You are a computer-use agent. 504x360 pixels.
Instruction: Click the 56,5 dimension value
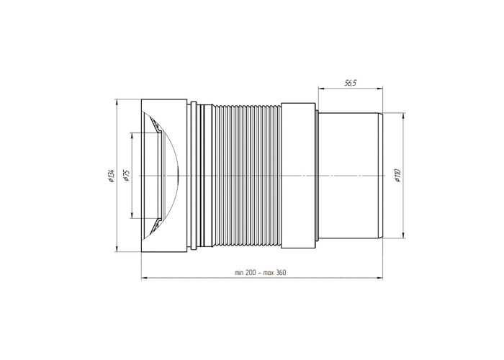[351, 84]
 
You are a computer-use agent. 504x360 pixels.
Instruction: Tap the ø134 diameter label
[111, 176]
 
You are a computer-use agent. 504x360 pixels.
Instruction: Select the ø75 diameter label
[126, 176]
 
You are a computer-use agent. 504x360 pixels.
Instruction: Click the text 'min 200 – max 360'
[261, 273]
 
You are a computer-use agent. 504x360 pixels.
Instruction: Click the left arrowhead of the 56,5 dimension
[321, 88]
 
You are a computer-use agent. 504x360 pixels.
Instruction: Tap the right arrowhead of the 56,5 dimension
[379, 88]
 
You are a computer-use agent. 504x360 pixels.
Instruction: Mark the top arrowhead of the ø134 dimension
[117, 102]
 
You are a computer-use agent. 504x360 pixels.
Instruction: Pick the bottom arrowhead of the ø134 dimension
[117, 248]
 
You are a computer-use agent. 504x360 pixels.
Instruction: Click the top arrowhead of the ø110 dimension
[404, 116]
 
